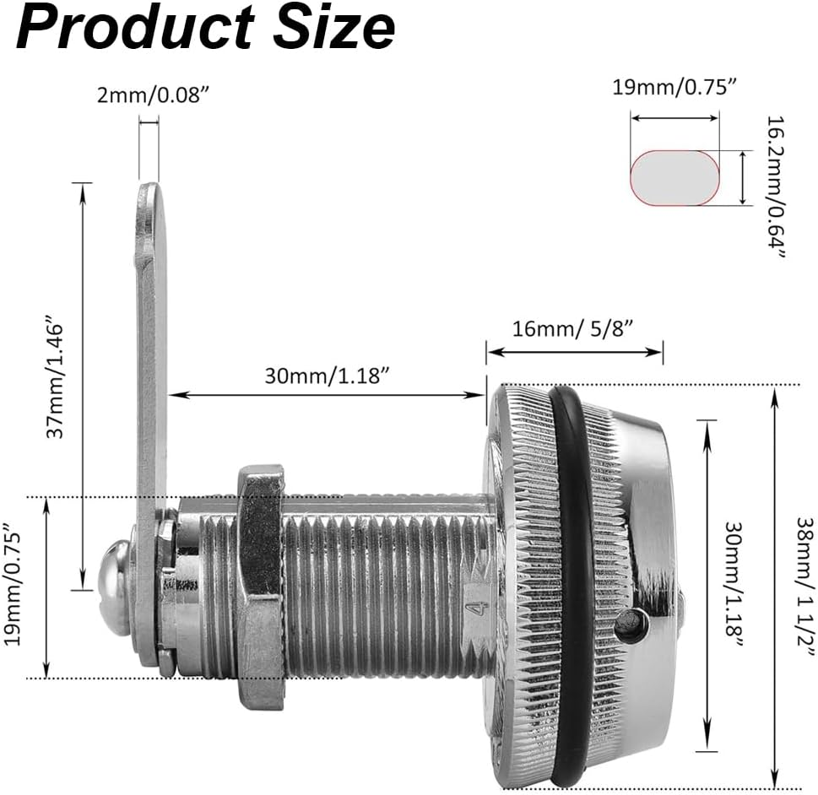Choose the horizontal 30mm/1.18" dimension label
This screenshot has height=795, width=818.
[x=326, y=377]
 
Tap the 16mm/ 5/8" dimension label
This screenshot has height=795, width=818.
[x=574, y=328]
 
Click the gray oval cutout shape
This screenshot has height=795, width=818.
[x=675, y=178]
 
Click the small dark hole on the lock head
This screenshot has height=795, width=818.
[x=631, y=625]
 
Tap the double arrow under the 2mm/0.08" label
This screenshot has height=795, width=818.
[x=149, y=123]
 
